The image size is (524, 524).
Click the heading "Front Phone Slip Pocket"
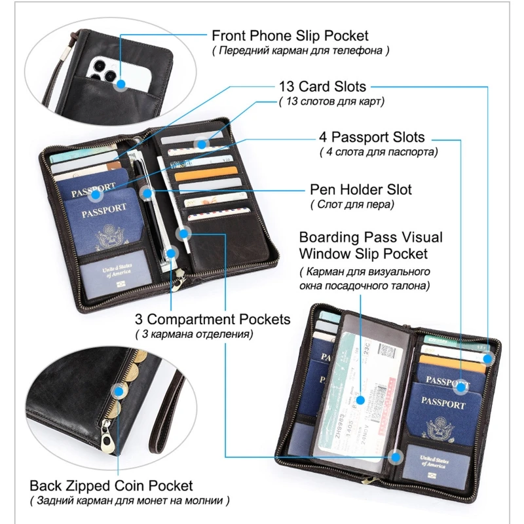[290, 35]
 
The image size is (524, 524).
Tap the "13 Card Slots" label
[322, 86]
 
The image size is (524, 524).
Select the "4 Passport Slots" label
[371, 138]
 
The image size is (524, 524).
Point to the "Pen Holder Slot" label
[361, 190]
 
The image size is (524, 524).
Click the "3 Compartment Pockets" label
[212, 319]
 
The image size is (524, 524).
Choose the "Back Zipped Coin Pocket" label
[111, 485]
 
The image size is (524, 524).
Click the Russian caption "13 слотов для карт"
[331, 102]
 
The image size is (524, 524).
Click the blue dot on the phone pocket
[120, 84]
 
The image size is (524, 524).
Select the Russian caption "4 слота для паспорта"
[379, 153]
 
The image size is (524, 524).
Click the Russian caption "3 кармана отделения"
[195, 334]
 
